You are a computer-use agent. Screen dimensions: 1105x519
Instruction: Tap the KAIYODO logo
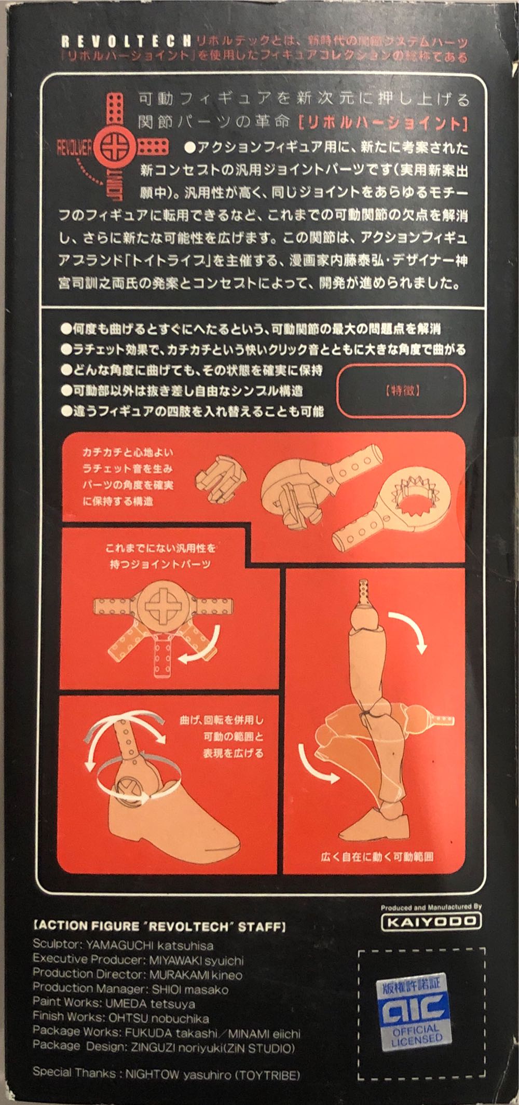click(x=431, y=921)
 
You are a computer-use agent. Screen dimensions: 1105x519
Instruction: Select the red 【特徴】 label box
click(x=401, y=390)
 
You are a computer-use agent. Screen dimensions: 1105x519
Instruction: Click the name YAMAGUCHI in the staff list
click(x=118, y=945)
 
